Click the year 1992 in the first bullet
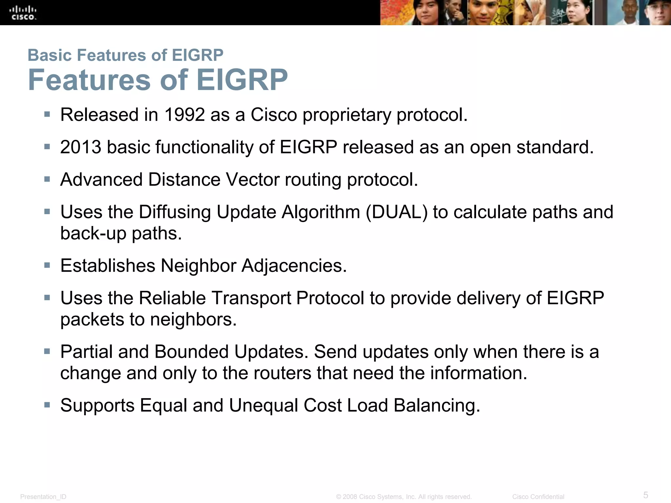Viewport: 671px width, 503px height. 184,115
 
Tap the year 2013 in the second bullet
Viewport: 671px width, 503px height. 81,147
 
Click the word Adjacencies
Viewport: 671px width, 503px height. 294,266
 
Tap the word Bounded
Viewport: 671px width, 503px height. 191,352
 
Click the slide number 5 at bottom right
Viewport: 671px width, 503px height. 646,495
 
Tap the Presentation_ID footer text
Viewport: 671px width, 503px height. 43,497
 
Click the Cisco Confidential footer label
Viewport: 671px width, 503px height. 538,497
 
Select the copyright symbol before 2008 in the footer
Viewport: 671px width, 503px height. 339,497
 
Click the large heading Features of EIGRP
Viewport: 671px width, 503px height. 158,80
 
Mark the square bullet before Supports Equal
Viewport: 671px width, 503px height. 47,405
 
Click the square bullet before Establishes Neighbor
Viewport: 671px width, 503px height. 47,265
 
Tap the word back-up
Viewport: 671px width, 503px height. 93,234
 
